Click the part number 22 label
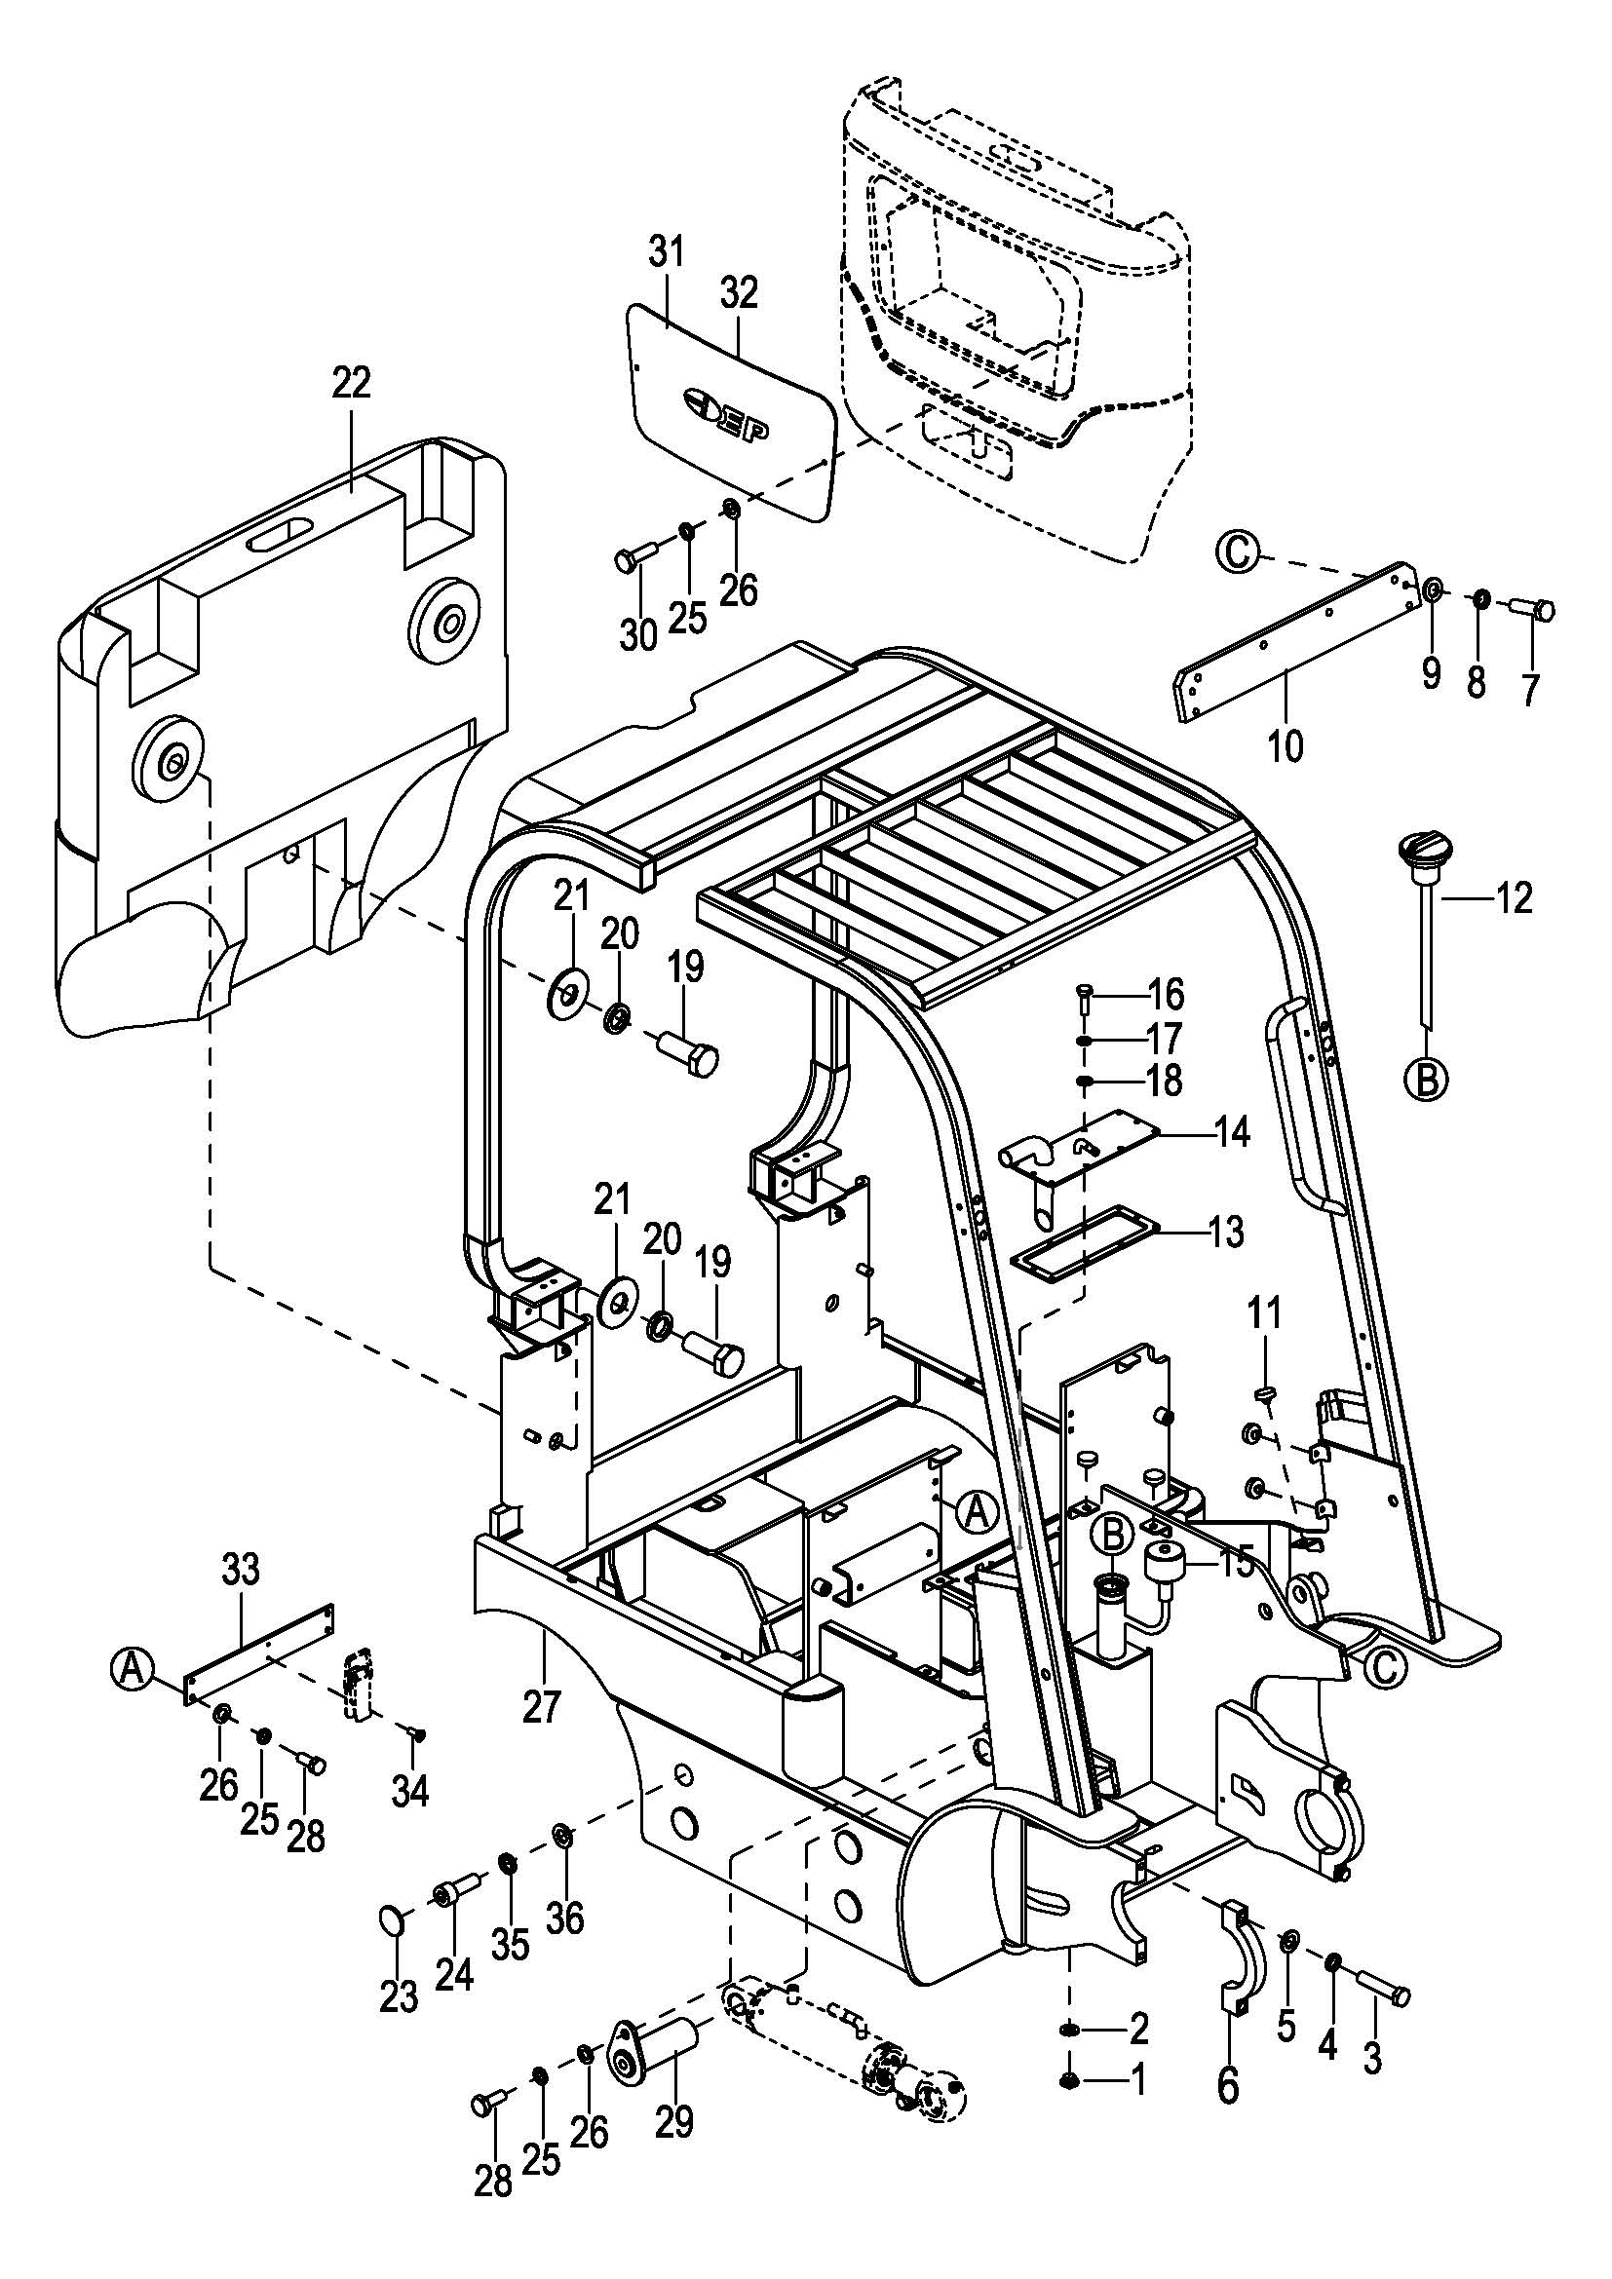(x=352, y=383)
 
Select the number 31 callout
(x=667, y=253)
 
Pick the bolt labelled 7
(x=1534, y=607)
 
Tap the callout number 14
(x=1232, y=1132)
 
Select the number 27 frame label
(x=542, y=1708)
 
